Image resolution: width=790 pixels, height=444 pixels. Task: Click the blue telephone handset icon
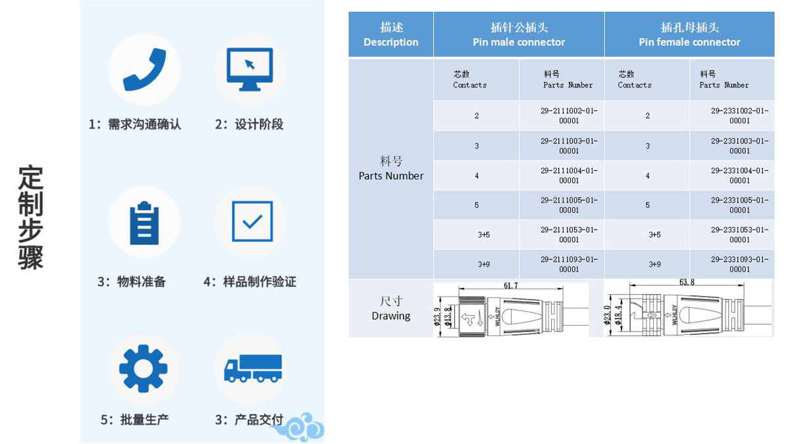(x=144, y=70)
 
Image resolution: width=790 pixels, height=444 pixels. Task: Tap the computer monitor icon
(x=250, y=70)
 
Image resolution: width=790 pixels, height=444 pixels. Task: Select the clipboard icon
(x=144, y=223)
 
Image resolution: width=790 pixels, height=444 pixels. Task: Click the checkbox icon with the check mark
(x=252, y=221)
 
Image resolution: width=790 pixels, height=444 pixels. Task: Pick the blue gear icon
(x=144, y=368)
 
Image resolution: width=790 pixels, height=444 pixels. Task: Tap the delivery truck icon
(x=253, y=368)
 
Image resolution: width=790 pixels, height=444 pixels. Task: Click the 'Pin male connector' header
(x=519, y=42)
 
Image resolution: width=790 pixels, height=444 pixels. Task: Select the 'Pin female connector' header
(x=689, y=42)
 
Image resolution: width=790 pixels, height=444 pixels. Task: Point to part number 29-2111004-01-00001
(x=569, y=176)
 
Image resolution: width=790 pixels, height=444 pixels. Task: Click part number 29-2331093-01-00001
(x=739, y=264)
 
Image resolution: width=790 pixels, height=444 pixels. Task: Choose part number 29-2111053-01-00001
(x=569, y=235)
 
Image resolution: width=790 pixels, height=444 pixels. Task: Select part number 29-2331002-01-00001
(x=739, y=116)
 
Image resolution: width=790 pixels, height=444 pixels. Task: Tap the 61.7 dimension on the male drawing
(x=511, y=285)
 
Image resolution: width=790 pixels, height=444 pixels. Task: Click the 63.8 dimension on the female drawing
(x=687, y=282)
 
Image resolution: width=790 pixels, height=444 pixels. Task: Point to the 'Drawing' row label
(x=391, y=316)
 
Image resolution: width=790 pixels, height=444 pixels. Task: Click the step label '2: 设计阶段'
(x=249, y=124)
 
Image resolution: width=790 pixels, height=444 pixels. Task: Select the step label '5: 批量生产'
(x=135, y=420)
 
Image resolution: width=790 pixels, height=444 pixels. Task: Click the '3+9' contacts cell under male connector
(x=483, y=264)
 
